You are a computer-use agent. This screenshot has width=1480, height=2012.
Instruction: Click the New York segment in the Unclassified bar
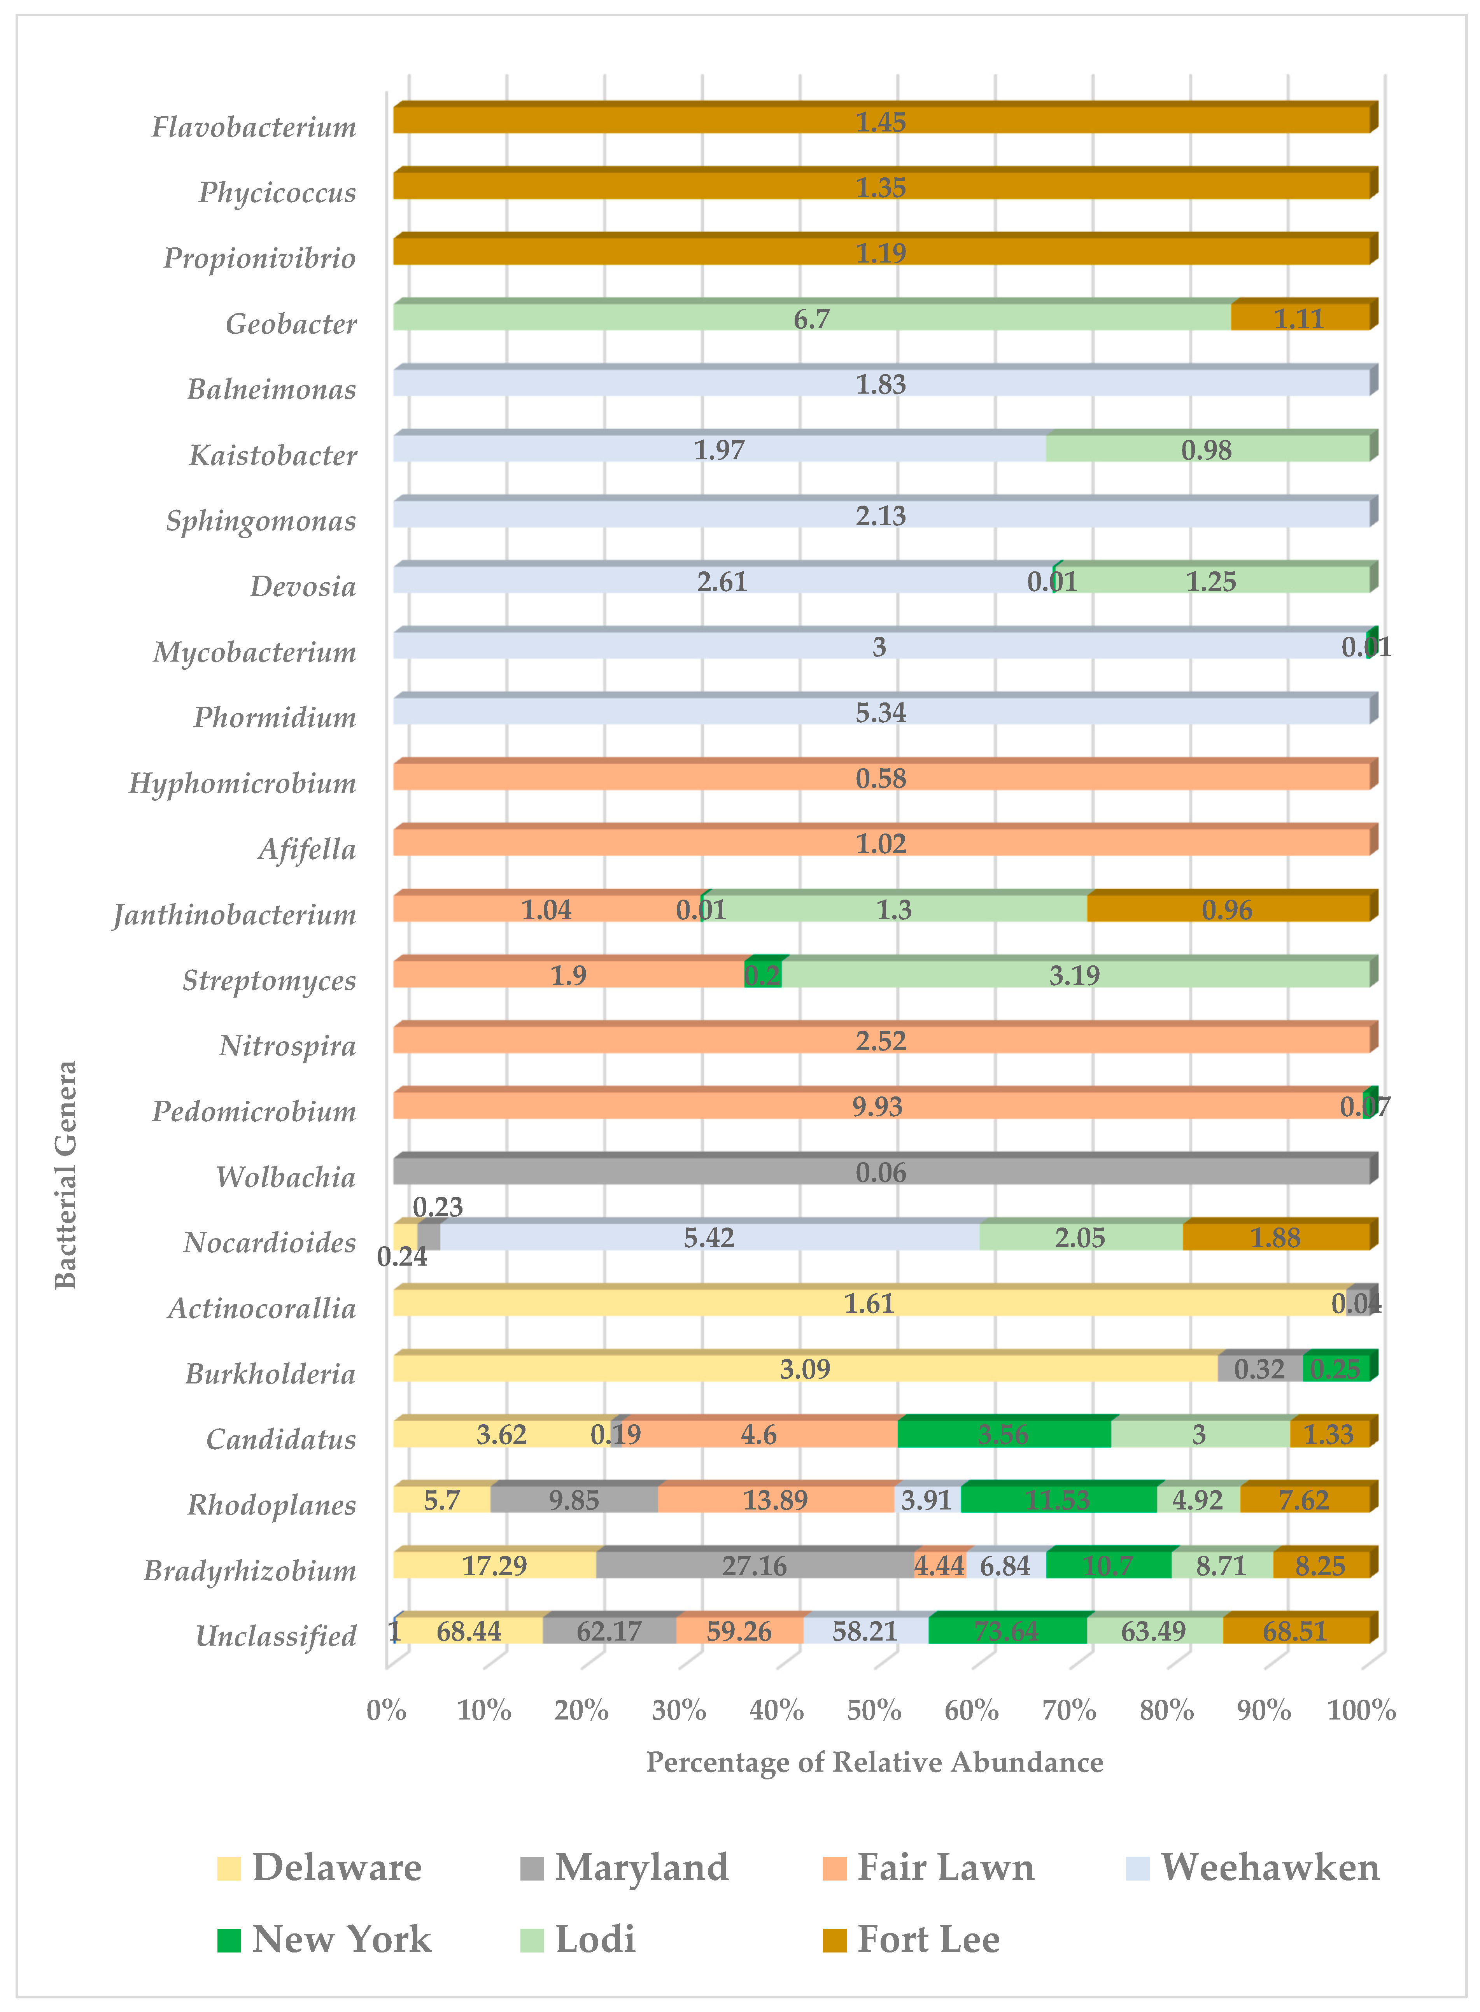pos(1007,1630)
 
